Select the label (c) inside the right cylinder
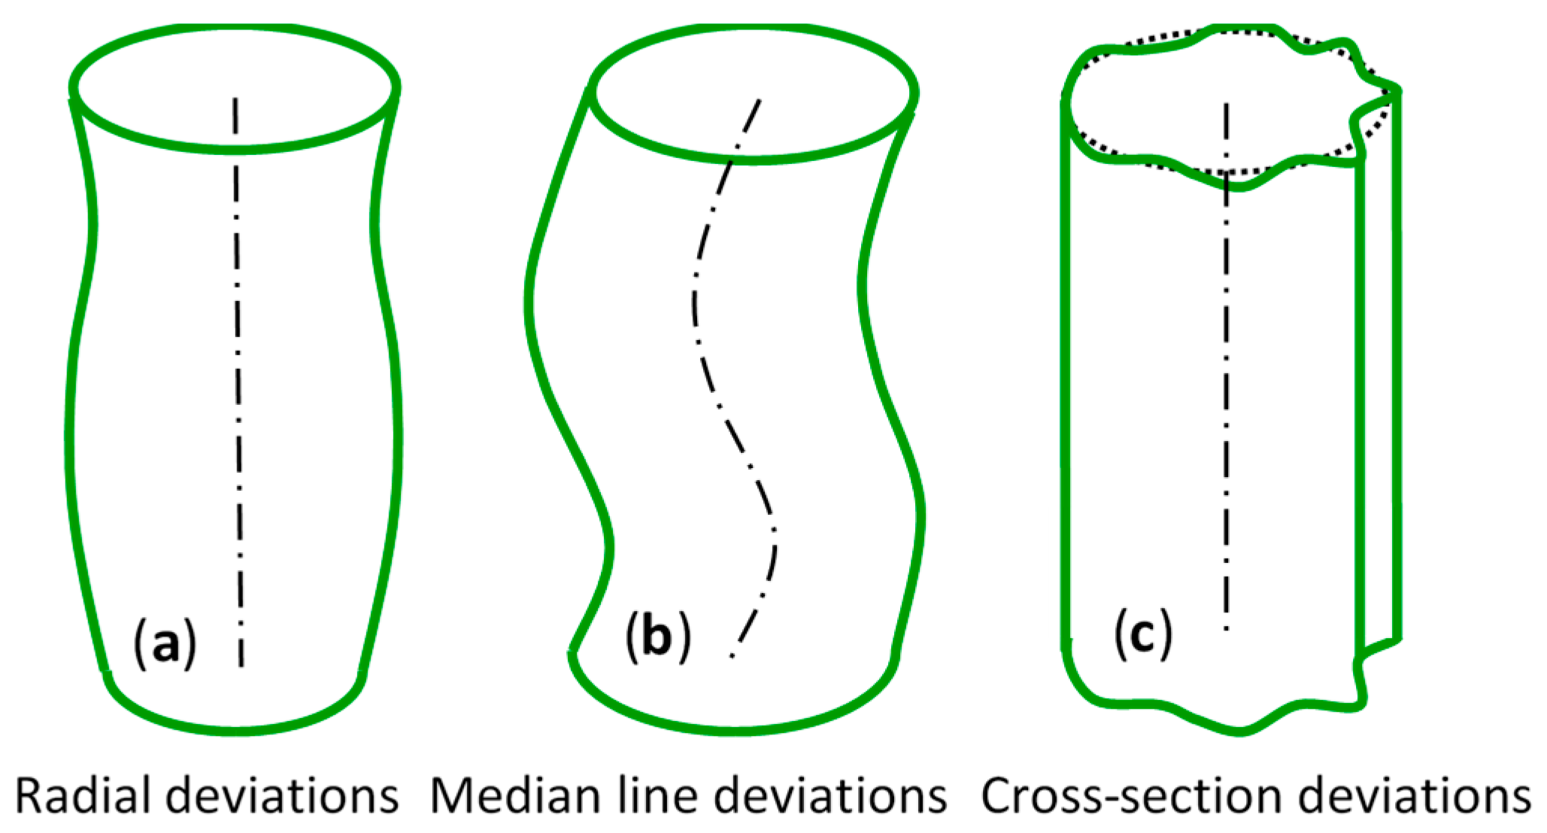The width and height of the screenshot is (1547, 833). pos(1142,634)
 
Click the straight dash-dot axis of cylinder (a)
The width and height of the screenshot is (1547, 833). pos(238,376)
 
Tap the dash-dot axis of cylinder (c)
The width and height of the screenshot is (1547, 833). pos(1227,376)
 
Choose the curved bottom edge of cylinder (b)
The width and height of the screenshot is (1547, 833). pos(733,730)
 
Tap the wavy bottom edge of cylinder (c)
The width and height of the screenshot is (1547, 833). pos(1241,730)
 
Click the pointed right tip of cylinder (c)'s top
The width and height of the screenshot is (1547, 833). pos(1397,92)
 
